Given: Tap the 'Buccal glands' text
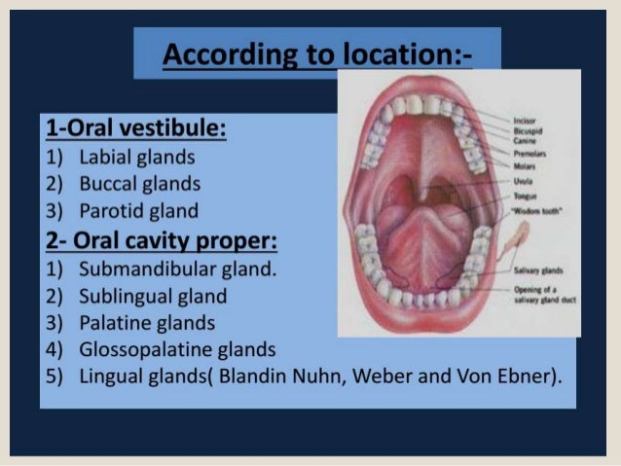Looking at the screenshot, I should tap(139, 184).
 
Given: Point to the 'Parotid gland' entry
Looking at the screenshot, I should tap(138, 210).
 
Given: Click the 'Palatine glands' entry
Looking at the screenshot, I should tap(147, 322).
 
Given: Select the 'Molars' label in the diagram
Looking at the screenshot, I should tap(523, 167).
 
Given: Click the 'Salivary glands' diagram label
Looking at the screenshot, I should tap(533, 275).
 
